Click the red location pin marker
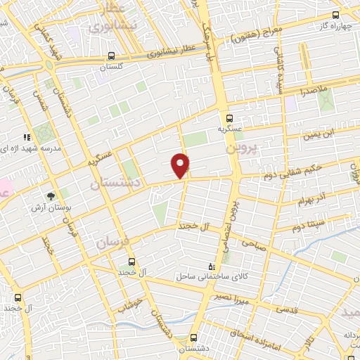(181, 165)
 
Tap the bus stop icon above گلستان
(112, 56)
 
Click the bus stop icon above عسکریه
(230, 118)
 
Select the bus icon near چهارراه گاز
(335, 15)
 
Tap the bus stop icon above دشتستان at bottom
(195, 337)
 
